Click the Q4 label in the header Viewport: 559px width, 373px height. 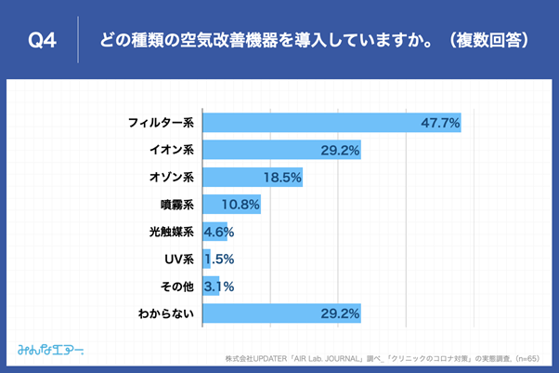tap(44, 40)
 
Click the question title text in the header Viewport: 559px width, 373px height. tap(311, 40)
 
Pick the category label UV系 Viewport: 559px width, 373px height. tap(176, 259)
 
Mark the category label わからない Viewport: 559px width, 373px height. tap(165, 313)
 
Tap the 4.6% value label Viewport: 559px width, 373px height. tap(218, 232)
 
